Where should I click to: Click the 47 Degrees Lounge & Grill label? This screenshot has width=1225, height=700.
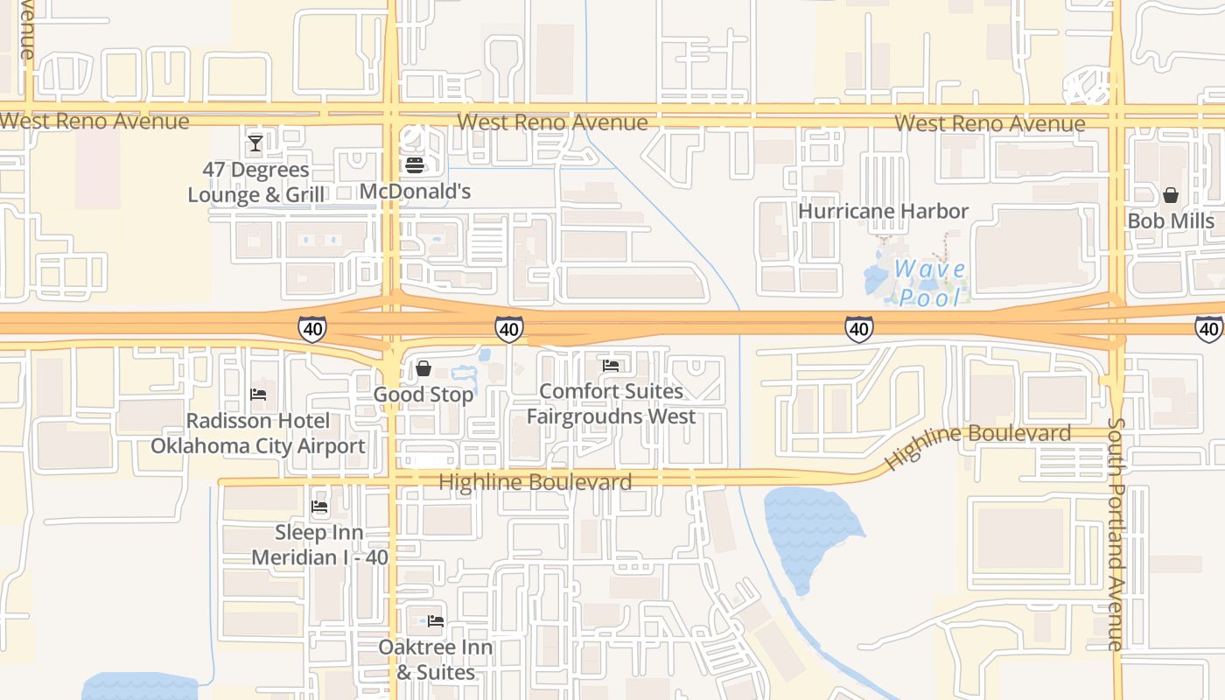[255, 182]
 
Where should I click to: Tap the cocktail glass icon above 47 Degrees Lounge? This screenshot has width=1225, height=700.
[255, 143]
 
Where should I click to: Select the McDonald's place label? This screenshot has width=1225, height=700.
[415, 192]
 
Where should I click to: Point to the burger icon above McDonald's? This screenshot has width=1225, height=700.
[415, 164]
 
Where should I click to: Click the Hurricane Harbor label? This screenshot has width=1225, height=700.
[883, 211]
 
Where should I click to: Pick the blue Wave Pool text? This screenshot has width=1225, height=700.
[929, 283]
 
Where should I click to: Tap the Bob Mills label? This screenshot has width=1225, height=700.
[1171, 220]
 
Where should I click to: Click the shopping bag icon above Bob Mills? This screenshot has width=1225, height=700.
[1171, 194]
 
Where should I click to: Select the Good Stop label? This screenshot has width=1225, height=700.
[423, 395]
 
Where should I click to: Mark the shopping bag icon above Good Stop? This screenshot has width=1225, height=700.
[423, 368]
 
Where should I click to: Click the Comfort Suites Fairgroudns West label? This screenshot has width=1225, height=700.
[611, 403]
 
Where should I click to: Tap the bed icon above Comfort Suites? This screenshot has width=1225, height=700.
[611, 365]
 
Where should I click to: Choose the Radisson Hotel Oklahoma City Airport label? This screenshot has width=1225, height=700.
[258, 433]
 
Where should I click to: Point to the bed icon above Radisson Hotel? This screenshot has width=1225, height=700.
[258, 395]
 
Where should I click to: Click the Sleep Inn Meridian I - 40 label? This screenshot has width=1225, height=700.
[319, 544]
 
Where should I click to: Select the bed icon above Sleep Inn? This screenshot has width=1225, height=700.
[319, 506]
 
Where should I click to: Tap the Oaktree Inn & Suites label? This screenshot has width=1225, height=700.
[436, 660]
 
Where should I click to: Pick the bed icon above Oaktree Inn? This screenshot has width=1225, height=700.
[436, 621]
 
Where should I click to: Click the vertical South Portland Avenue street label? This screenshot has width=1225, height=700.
[1115, 534]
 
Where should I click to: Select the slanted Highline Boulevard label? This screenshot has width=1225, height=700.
[977, 444]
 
